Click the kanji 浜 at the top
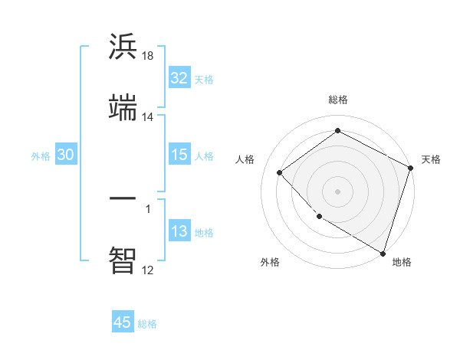[x=123, y=47]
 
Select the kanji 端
[x=123, y=108]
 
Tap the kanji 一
[x=123, y=197]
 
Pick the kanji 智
[x=123, y=260]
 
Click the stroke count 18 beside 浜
[x=149, y=56]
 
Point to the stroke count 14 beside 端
[x=148, y=117]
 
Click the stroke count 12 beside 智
[x=148, y=269]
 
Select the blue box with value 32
[x=179, y=78]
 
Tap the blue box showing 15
[x=179, y=155]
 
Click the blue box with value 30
[x=66, y=155]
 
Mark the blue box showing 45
[x=123, y=322]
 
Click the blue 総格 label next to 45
[x=148, y=324]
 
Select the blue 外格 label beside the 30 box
[x=41, y=156]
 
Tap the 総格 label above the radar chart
[x=337, y=100]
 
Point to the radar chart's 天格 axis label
[x=431, y=159]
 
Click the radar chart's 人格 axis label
[x=245, y=159]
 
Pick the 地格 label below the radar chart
[x=402, y=263]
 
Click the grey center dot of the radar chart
[x=337, y=191]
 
